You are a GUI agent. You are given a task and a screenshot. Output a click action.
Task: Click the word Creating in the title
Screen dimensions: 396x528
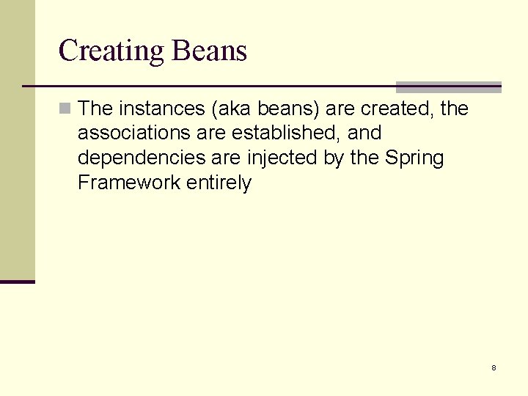click(111, 51)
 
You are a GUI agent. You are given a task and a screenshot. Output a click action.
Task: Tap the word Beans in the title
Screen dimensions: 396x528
click(209, 51)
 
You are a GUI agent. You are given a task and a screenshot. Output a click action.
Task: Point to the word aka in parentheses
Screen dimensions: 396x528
click(232, 109)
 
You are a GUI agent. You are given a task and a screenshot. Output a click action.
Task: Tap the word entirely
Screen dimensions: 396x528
click(219, 183)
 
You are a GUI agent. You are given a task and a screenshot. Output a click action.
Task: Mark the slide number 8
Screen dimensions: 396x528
click(494, 367)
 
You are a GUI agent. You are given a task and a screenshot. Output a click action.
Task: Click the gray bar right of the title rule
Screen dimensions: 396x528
click(448, 87)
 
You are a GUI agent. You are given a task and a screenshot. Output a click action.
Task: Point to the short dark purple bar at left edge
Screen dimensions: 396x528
click(18, 281)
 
